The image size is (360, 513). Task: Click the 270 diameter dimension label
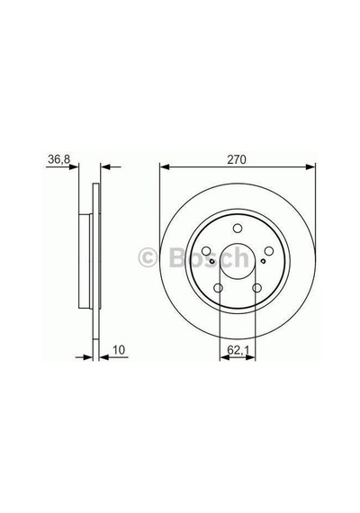pyautogui.click(x=237, y=159)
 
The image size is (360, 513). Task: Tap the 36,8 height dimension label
pyautogui.click(x=58, y=159)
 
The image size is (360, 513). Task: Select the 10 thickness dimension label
pyautogui.click(x=119, y=350)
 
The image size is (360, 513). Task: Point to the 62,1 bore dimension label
pyautogui.click(x=238, y=350)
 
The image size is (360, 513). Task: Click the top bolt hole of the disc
pyautogui.click(x=238, y=229)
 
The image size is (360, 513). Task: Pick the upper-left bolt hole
pyautogui.click(x=206, y=251)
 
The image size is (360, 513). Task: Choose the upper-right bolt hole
pyautogui.click(x=269, y=251)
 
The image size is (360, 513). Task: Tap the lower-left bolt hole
pyautogui.click(x=219, y=288)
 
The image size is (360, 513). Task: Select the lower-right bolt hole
pyautogui.click(x=256, y=288)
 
